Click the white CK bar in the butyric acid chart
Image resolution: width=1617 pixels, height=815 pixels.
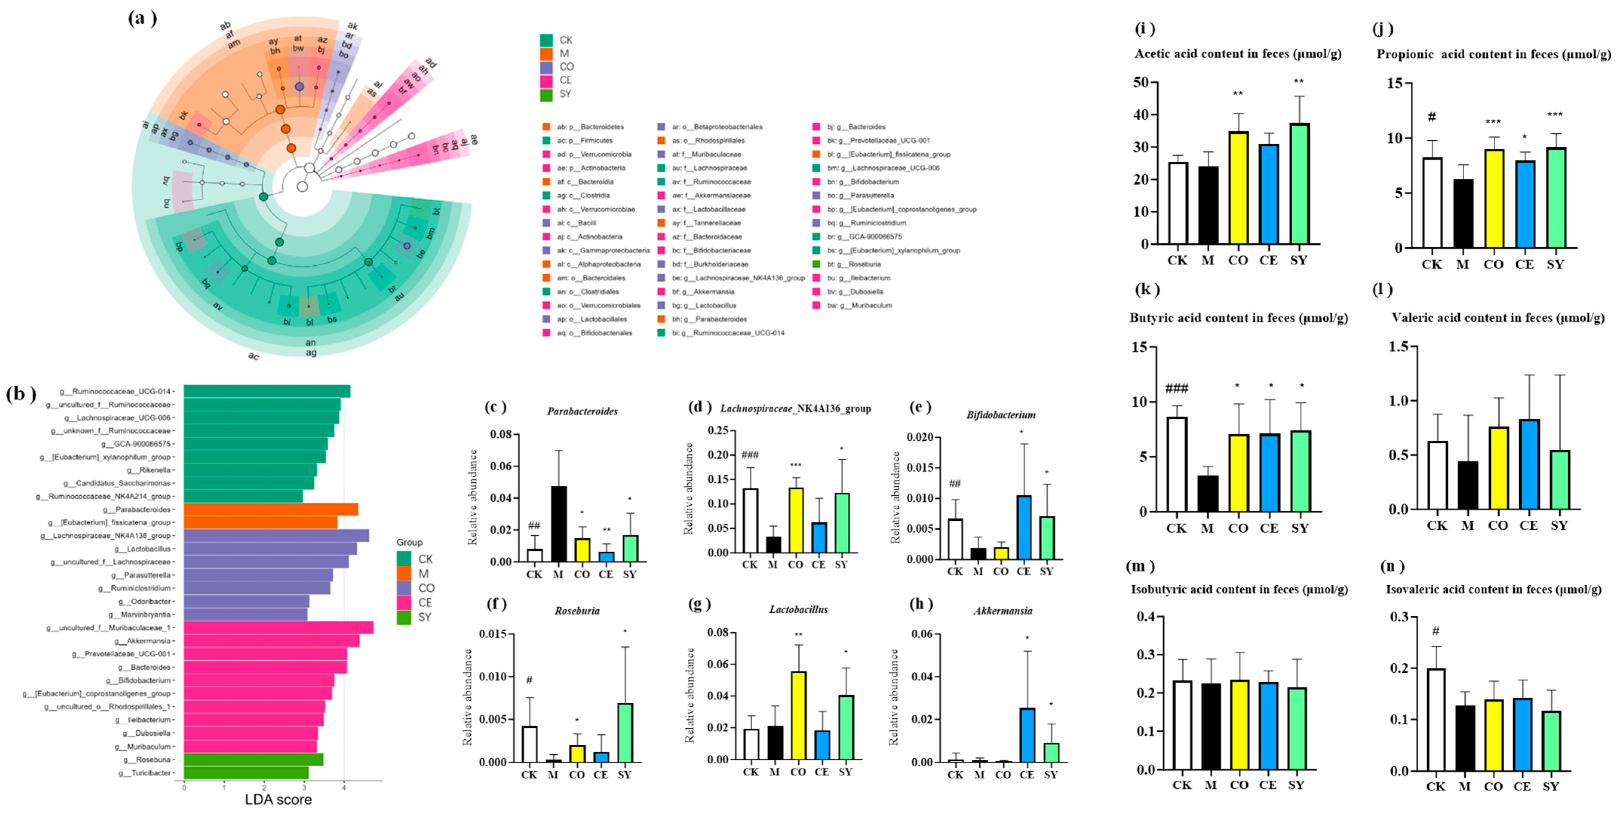(x=1177, y=464)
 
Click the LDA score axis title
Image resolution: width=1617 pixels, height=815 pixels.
(x=278, y=799)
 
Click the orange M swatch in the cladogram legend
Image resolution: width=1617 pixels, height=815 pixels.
(x=546, y=53)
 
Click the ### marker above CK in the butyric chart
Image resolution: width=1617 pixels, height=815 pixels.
(x=1176, y=388)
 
